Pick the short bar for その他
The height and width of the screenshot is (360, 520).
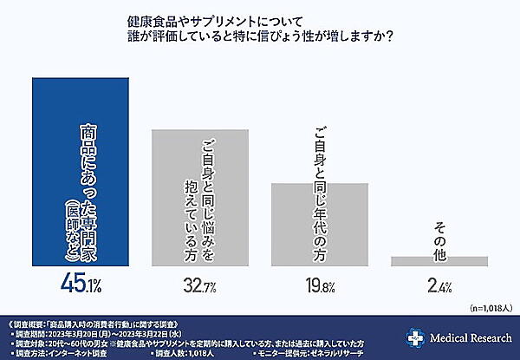(x=439, y=260)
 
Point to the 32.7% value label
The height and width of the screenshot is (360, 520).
(x=200, y=285)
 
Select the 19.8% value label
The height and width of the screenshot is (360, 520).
(x=320, y=285)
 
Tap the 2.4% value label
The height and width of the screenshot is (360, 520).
(x=439, y=285)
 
